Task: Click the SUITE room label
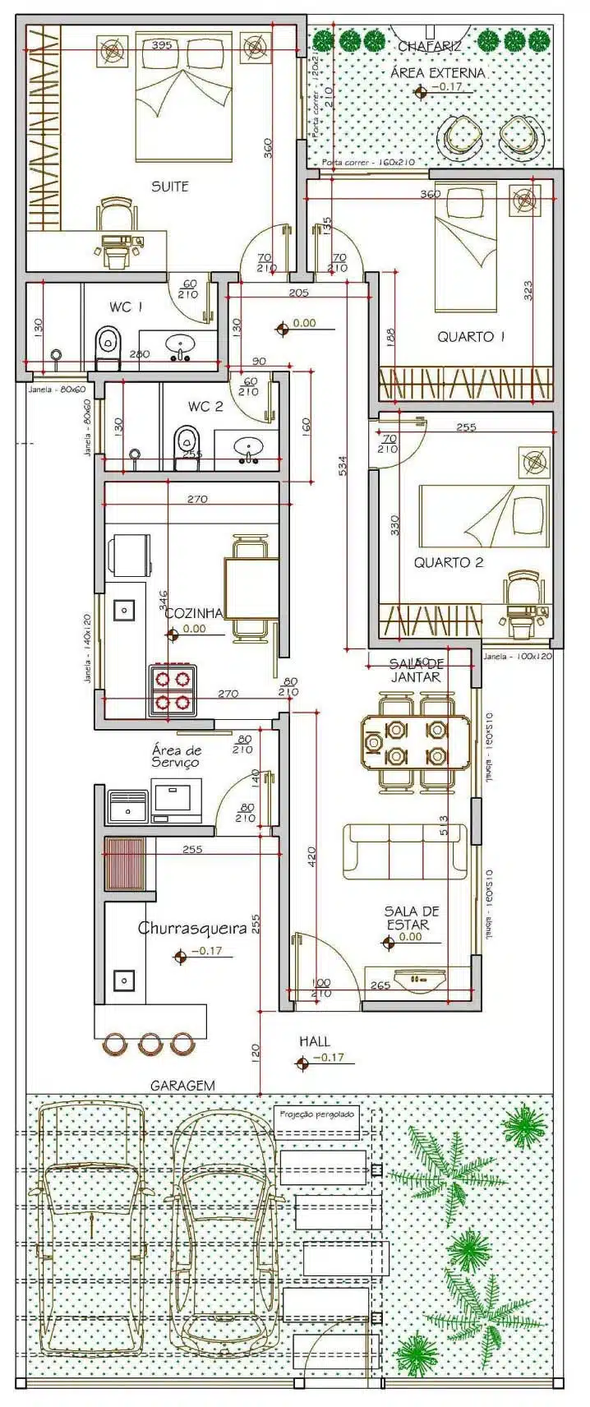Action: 169,187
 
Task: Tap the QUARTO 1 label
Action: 465,336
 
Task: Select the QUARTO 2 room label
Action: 448,562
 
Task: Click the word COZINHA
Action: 193,613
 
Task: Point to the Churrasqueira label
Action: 191,928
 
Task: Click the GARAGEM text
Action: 182,1085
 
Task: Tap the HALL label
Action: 315,1041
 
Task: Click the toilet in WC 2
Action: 187,447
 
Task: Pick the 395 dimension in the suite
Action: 162,44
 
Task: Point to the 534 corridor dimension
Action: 343,465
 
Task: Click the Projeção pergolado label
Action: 317,1114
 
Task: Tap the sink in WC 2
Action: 247,450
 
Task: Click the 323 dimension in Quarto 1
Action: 528,289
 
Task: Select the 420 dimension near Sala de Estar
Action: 311,856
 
